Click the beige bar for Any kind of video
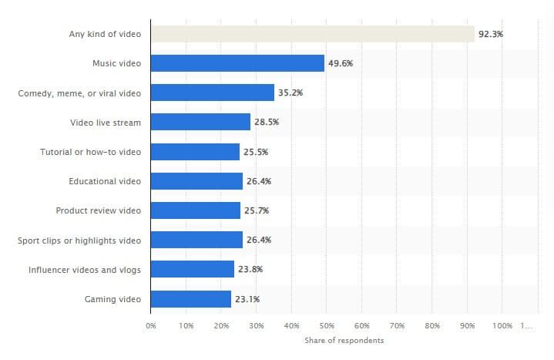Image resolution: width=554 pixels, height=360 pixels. (312, 34)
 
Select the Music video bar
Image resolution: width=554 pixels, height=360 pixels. (237, 63)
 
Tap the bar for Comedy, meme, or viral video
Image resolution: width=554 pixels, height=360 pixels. (212, 93)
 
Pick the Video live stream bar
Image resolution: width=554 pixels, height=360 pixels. (200, 122)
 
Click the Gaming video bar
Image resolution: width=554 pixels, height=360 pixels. (191, 298)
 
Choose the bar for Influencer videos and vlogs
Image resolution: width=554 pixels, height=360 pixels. (192, 269)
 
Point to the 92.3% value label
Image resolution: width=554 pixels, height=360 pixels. (491, 34)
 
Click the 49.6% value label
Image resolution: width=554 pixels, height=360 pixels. (341, 63)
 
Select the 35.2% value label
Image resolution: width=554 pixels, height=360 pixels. (290, 93)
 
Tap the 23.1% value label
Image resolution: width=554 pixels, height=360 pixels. (247, 298)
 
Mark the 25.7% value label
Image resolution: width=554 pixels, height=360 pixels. (257, 210)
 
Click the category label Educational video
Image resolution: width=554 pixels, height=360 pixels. (105, 181)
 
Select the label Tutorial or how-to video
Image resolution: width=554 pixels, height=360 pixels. (90, 152)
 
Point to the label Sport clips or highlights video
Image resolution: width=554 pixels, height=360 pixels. (79, 240)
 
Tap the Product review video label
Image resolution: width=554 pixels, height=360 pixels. (99, 210)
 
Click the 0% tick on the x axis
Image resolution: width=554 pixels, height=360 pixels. (151, 325)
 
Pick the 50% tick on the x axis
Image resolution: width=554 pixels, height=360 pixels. (327, 325)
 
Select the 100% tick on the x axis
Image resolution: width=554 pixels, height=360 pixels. (502, 325)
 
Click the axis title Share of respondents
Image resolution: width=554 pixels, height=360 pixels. (344, 340)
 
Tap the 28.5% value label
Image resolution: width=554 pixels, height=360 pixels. (267, 122)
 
